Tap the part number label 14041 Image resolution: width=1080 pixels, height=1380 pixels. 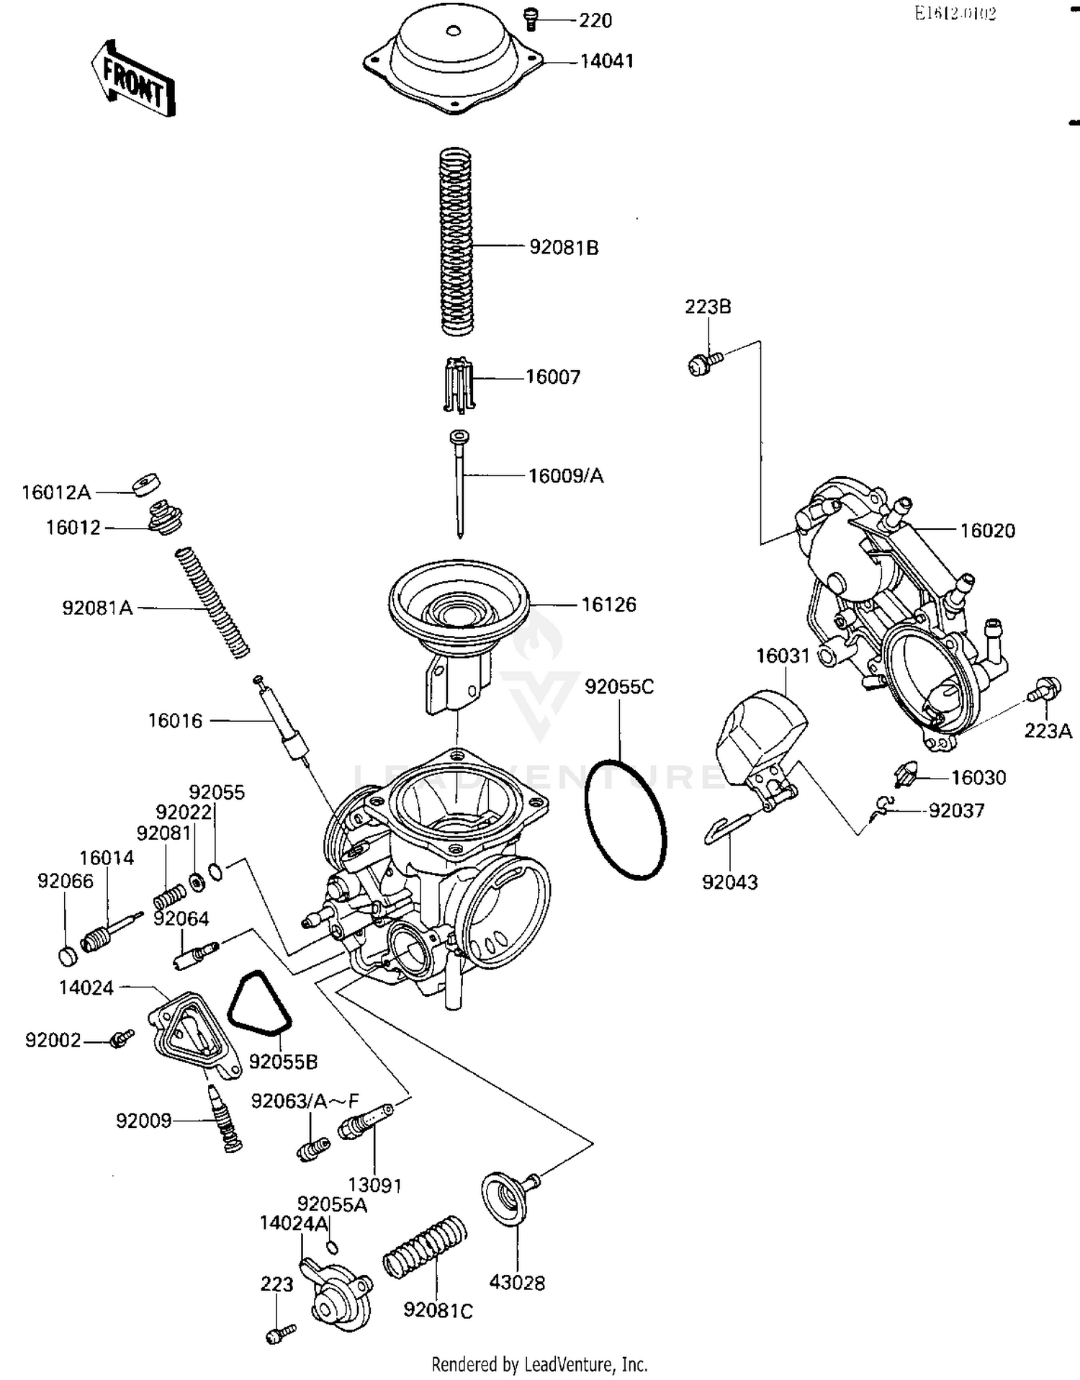606,61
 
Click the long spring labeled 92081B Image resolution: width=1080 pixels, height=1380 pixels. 456,241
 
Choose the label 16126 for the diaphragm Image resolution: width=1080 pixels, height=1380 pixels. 608,604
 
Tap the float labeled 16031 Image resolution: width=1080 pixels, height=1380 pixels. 760,738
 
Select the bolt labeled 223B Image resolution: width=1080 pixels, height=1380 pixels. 701,363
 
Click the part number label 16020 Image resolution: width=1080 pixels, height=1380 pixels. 987,531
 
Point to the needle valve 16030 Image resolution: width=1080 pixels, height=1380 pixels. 905,776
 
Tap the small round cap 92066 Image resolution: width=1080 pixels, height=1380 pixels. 67,956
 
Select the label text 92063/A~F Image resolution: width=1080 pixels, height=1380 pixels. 304,1101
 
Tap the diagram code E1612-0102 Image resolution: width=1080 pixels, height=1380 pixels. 955,14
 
